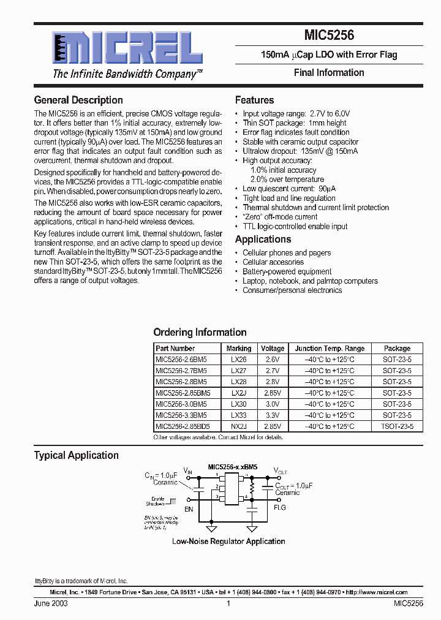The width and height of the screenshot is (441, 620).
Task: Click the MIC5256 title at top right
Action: coord(329,36)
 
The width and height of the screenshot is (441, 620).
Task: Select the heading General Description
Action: coord(78,100)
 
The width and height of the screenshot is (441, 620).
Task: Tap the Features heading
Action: coord(254,100)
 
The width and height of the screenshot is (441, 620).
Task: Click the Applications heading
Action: coord(263,240)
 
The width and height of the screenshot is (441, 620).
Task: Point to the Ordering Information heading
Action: coord(200,332)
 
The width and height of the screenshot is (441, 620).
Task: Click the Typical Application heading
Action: coord(76,455)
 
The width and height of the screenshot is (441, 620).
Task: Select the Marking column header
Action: coord(239,348)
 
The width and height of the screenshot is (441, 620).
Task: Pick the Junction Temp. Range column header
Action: coord(330,348)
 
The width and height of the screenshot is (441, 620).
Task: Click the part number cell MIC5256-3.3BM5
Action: coord(181,415)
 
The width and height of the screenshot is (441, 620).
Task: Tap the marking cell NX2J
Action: coord(239,426)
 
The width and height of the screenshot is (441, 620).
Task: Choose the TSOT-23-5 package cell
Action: coord(398,426)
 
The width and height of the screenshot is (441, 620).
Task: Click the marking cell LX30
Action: coord(239,404)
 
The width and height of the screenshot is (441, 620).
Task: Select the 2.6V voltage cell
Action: coord(272,360)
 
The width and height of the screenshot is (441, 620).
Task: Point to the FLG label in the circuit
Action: coord(280,508)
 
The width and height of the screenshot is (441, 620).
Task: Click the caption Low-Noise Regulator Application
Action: coord(228,542)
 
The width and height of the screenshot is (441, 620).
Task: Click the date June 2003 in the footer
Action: coord(51,603)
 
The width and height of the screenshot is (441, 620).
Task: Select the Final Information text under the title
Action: coord(329,72)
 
